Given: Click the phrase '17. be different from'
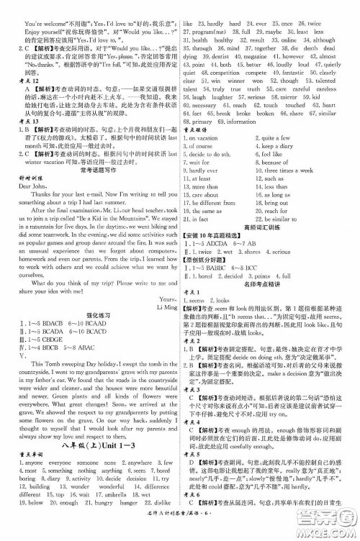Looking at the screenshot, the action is tap(213, 202).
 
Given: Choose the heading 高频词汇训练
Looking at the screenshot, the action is tap(265, 228).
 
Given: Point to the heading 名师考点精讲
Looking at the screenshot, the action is tap(265, 285).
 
